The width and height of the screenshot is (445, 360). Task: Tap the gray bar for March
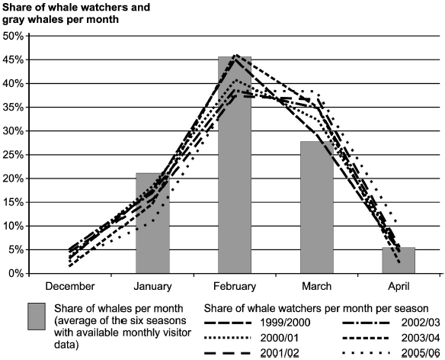317,207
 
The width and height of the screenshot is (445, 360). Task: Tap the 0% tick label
16,273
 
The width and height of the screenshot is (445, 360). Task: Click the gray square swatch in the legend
40,317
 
